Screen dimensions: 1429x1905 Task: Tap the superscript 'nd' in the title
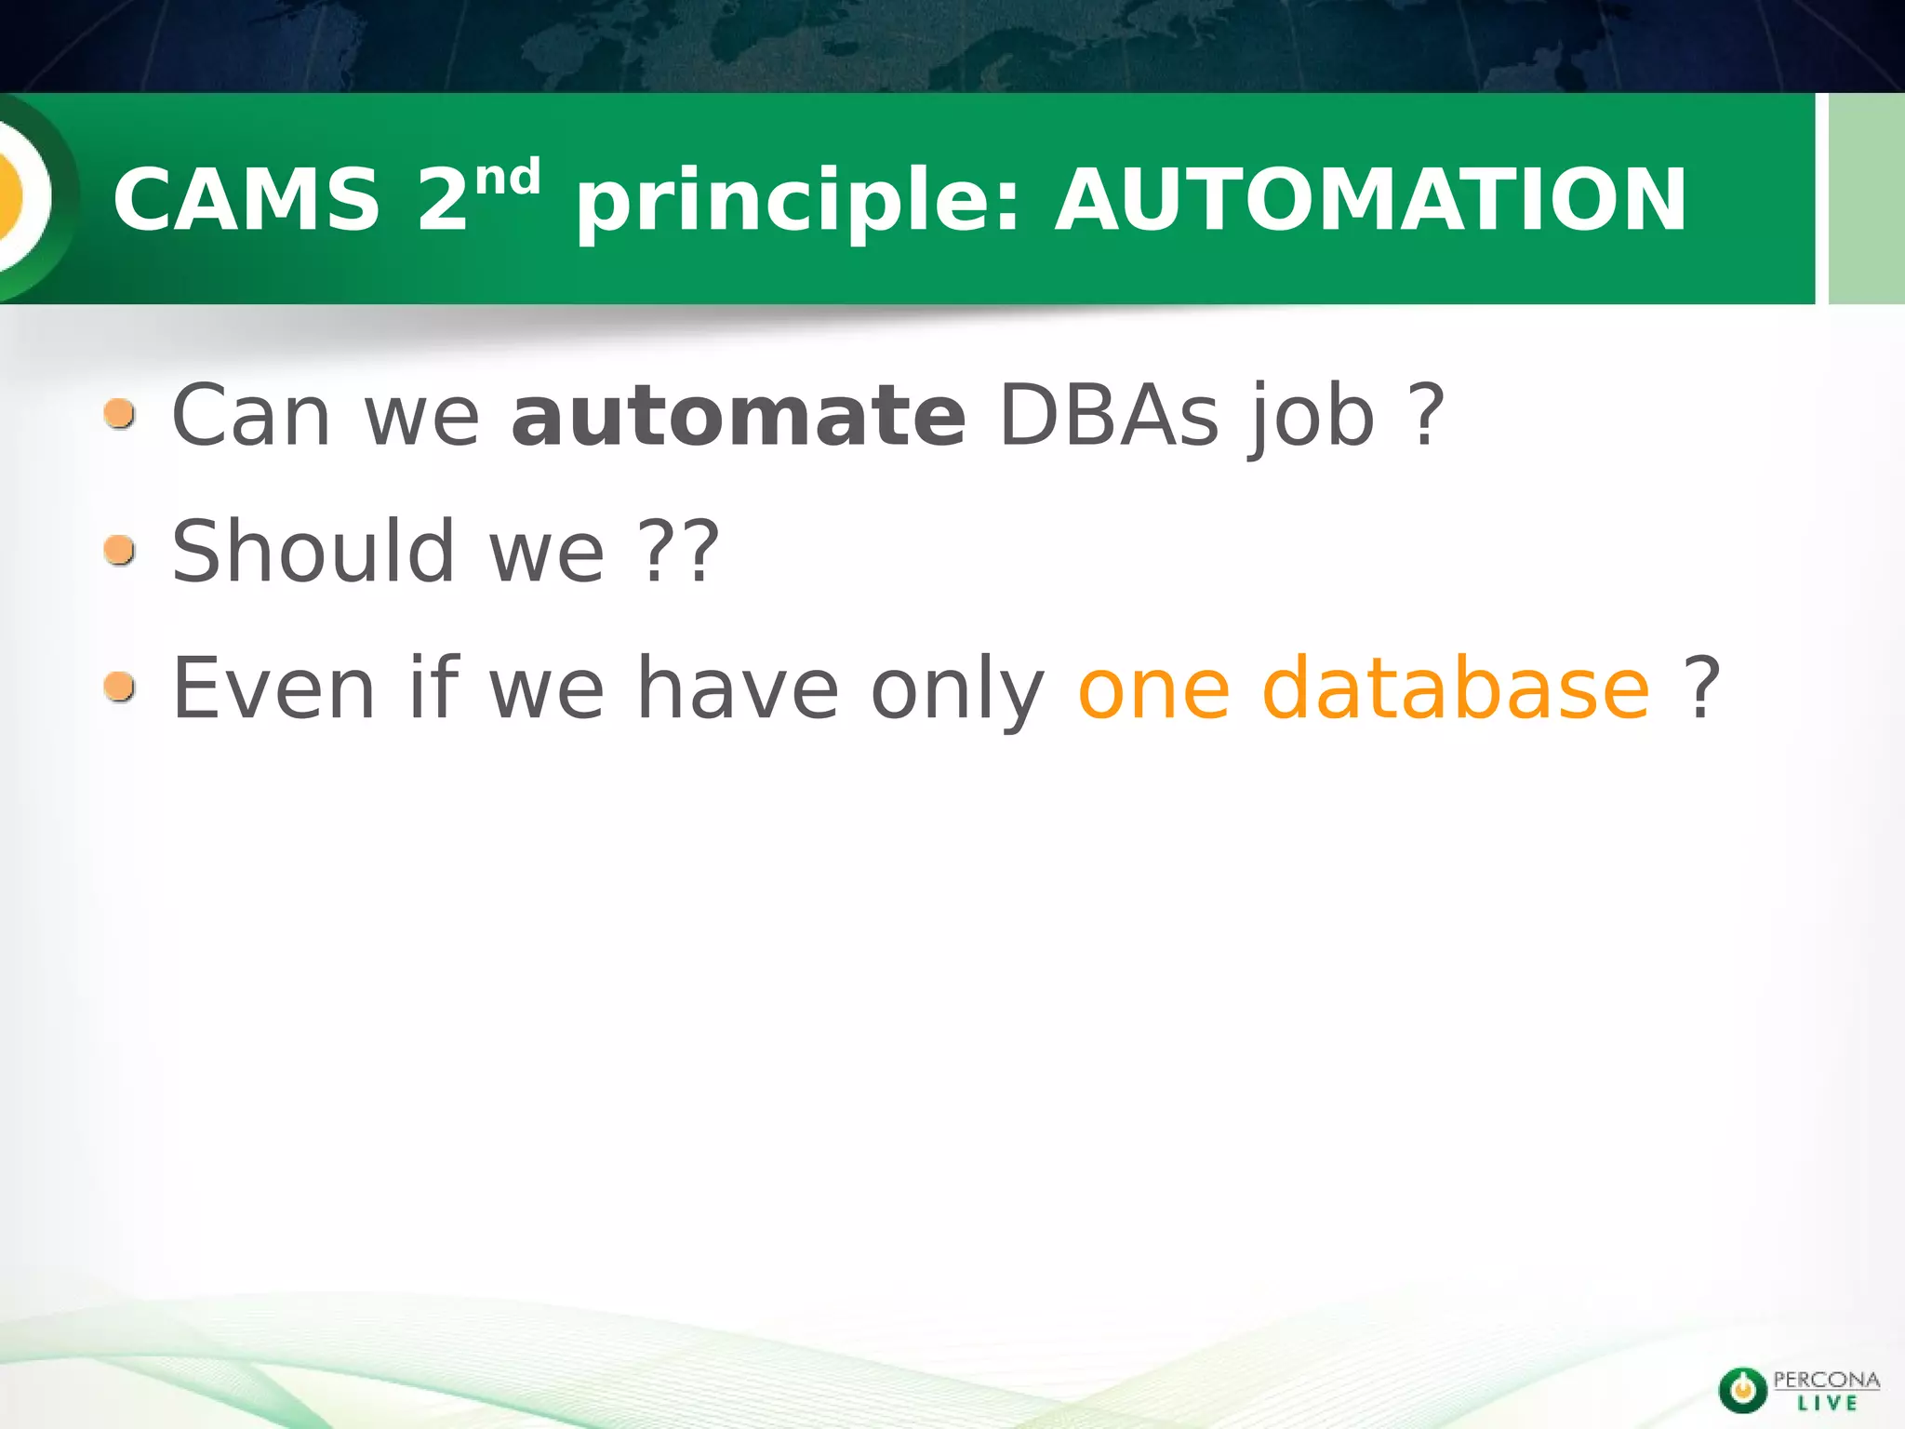pyautogui.click(x=507, y=177)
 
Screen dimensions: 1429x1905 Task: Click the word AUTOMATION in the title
pyautogui.click(x=1371, y=199)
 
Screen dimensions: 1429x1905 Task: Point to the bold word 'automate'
pyautogui.click(x=739, y=416)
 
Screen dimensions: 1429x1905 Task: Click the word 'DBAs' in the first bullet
pyautogui.click(x=1108, y=416)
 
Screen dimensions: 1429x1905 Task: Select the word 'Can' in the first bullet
pyautogui.click(x=251, y=416)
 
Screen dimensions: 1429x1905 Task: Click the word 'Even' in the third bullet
pyautogui.click(x=273, y=688)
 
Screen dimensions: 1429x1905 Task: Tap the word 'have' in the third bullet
pyautogui.click(x=738, y=688)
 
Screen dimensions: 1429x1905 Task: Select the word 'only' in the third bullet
pyautogui.click(x=957, y=693)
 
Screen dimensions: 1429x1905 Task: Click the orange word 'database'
pyautogui.click(x=1456, y=688)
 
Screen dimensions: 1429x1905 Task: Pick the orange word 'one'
pyautogui.click(x=1153, y=693)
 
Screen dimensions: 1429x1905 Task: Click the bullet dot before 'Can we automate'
pyautogui.click(x=120, y=413)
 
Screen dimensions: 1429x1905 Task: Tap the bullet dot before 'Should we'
pyautogui.click(x=120, y=550)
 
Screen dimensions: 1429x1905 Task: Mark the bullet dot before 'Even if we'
pyautogui.click(x=120, y=688)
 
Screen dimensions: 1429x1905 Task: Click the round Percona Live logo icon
pyautogui.click(x=1742, y=1390)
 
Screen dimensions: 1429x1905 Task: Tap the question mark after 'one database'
pyautogui.click(x=1701, y=688)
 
